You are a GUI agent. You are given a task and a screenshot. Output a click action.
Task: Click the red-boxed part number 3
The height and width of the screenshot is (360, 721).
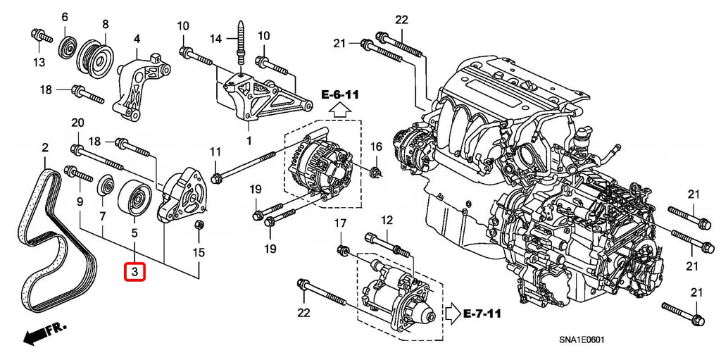(134, 271)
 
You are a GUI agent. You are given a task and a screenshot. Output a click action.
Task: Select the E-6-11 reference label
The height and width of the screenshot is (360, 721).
(341, 94)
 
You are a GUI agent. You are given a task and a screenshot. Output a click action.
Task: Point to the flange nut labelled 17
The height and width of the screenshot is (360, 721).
(342, 250)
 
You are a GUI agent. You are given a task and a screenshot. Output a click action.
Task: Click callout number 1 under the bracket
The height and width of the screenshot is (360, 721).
(248, 141)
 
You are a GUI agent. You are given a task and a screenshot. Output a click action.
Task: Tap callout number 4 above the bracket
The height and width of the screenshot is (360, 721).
(137, 38)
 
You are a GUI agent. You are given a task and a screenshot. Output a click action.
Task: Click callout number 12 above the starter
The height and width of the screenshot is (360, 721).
(386, 221)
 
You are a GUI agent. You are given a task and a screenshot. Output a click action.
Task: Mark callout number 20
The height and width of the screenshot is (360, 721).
(77, 123)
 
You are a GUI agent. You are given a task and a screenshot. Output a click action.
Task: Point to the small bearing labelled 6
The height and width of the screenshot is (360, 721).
(68, 46)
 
